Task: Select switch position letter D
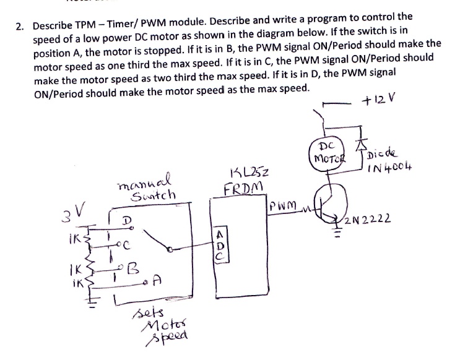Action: click(x=127, y=221)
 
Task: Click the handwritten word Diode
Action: click(x=383, y=153)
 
